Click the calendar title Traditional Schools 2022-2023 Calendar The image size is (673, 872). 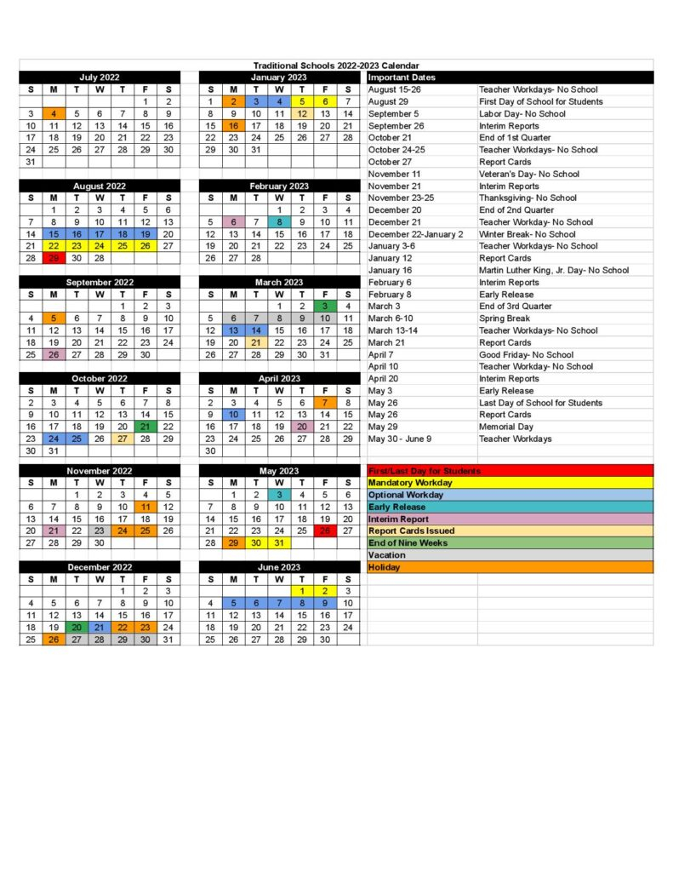point(335,66)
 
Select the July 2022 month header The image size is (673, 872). point(100,77)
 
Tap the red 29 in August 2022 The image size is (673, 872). point(54,258)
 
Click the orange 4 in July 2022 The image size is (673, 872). point(54,113)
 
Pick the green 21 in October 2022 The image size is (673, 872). point(145,427)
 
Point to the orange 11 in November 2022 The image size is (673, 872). point(145,507)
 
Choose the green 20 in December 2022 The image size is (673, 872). point(77,627)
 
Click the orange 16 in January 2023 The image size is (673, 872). point(233,125)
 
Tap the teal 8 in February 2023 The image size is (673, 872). point(279,221)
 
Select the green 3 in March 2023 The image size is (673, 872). point(325,306)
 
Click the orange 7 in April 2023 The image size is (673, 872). point(325,403)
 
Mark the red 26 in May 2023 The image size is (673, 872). point(325,531)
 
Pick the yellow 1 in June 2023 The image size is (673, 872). point(302,590)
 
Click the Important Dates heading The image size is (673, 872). point(402,77)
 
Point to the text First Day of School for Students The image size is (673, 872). point(540,101)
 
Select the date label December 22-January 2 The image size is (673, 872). point(416,234)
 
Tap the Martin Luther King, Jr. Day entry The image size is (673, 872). point(554,270)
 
